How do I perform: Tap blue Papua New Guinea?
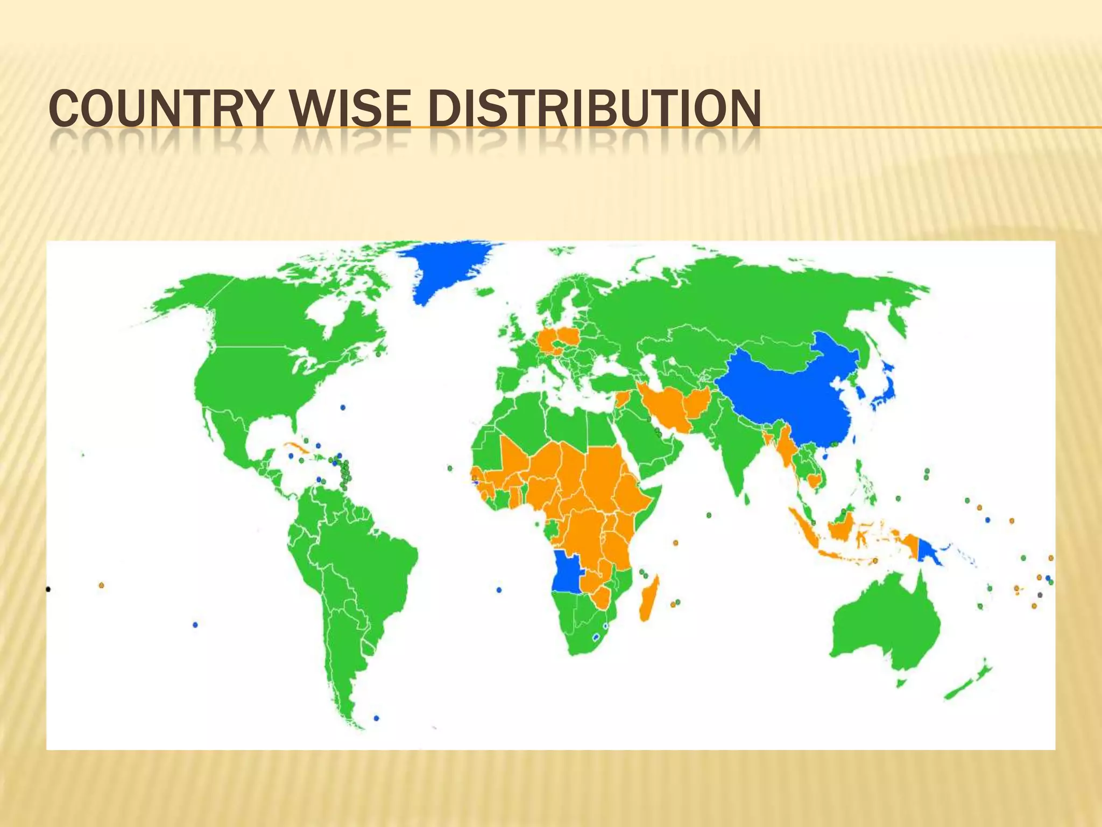(x=928, y=551)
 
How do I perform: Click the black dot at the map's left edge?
(x=48, y=590)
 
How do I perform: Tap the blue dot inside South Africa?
(x=596, y=637)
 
